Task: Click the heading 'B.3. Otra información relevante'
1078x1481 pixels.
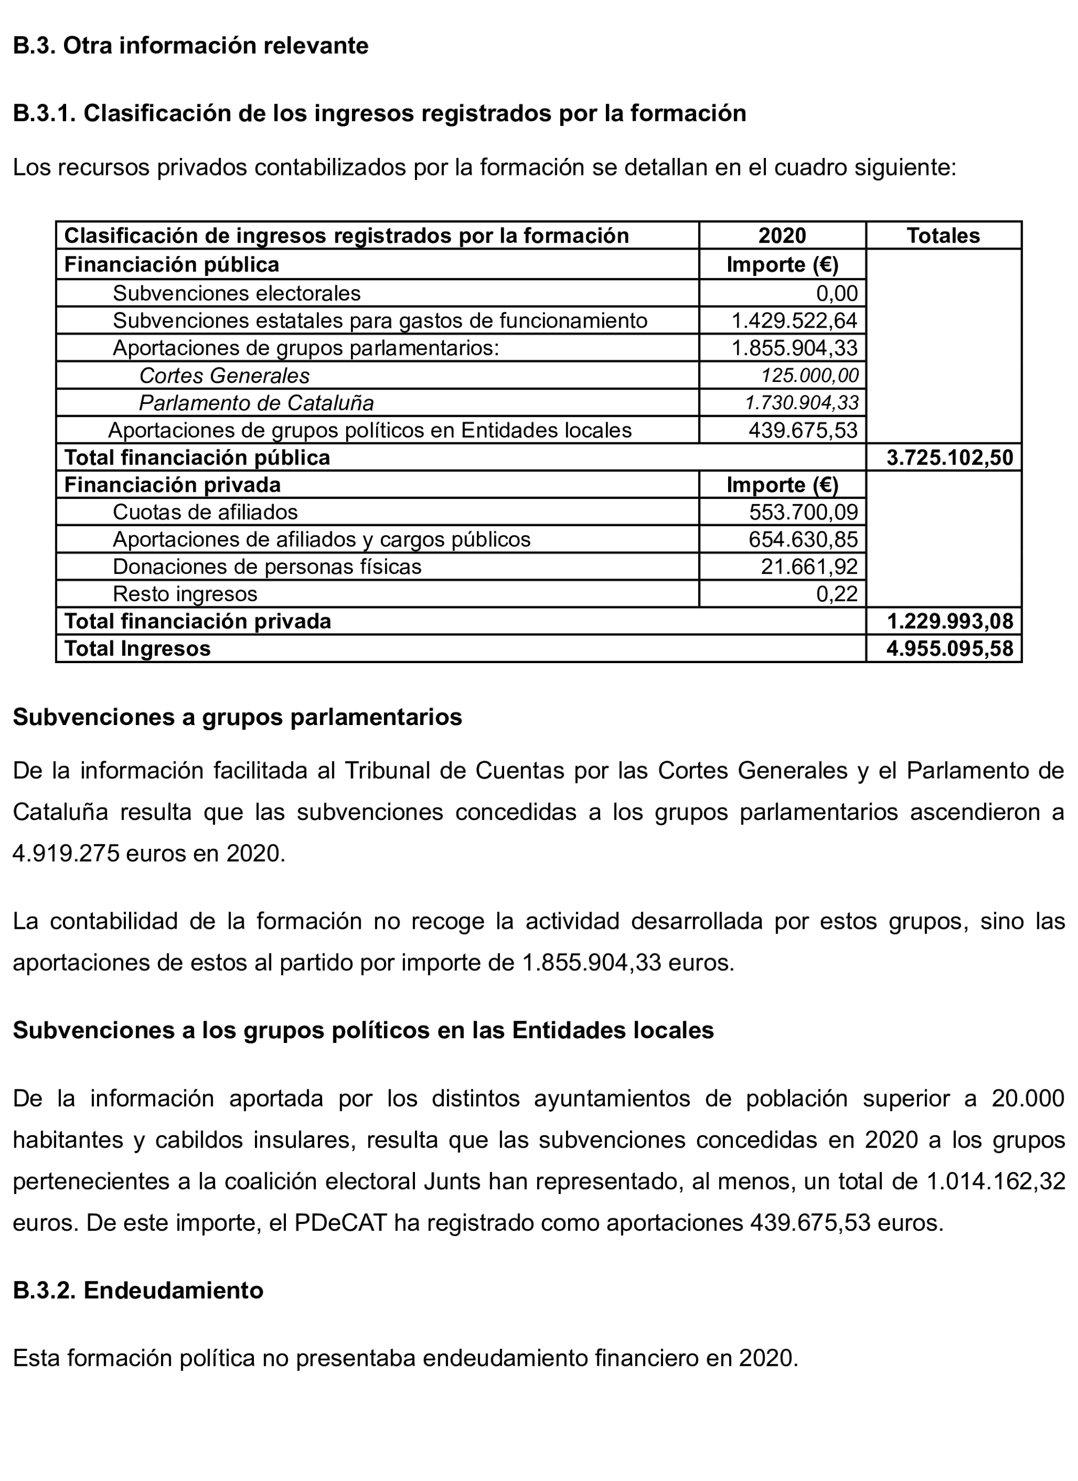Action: pos(190,46)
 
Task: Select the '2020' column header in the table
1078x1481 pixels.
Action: pos(781,236)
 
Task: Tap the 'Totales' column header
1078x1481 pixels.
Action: pos(943,236)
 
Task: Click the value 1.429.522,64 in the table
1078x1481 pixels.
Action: pos(794,321)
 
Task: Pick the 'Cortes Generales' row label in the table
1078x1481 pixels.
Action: pos(224,376)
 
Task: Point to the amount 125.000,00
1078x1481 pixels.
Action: pos(810,376)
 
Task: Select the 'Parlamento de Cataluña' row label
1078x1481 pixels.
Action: pos(256,403)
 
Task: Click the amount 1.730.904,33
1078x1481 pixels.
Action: pos(802,403)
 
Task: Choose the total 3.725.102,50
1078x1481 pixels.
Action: pos(949,458)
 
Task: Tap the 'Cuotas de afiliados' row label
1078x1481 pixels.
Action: pos(205,512)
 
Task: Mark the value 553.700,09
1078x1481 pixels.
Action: pos(803,512)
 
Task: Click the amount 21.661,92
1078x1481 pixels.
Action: pos(809,566)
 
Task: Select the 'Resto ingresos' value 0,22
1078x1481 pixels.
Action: pos(836,594)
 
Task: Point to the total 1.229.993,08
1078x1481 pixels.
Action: pos(949,621)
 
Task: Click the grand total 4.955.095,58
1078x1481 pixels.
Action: pos(949,648)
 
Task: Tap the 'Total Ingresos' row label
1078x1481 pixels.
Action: pos(137,648)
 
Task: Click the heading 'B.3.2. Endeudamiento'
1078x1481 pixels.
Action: pos(138,1291)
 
